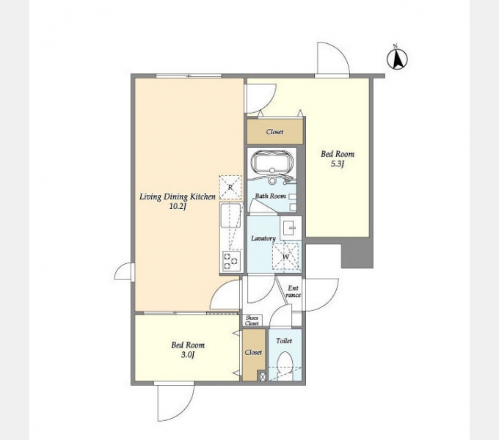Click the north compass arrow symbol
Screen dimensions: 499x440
(397, 59)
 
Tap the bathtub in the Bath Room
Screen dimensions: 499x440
(272, 161)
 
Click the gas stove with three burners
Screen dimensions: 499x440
(231, 260)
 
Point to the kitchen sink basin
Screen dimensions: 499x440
(230, 216)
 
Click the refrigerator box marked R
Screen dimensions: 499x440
(230, 188)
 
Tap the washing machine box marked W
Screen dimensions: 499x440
(285, 256)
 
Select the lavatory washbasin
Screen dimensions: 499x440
(291, 227)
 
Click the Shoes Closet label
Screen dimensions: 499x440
(252, 320)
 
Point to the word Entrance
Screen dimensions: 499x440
(293, 292)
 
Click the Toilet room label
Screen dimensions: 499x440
(284, 341)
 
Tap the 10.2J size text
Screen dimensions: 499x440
(178, 207)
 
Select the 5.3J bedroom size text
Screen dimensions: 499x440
(338, 164)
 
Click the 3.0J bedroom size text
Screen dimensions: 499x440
(188, 355)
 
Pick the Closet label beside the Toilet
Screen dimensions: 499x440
(253, 352)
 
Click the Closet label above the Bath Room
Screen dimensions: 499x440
(274, 131)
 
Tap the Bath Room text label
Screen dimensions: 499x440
(271, 196)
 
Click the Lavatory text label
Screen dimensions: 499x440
(263, 238)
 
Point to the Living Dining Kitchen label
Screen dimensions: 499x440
(178, 197)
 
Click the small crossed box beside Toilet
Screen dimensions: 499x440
(263, 377)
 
